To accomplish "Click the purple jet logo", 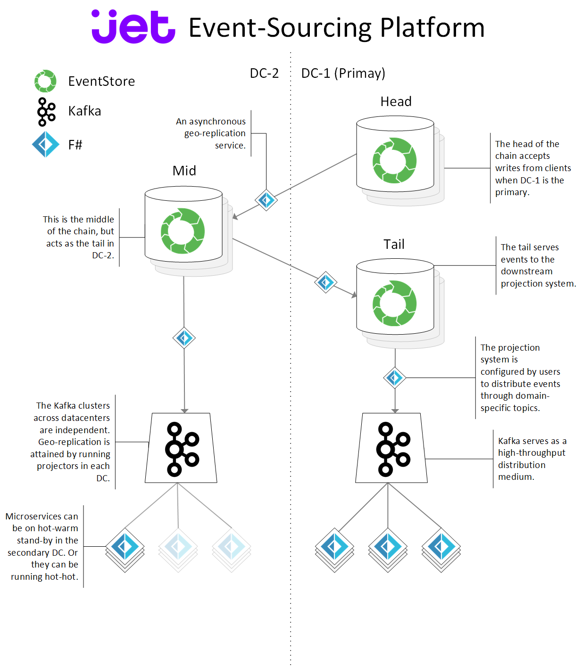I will click(133, 27).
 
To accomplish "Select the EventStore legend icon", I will click(45, 81).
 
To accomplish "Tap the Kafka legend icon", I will click(46, 112).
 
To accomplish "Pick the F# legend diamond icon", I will click(46, 144).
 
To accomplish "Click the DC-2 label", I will click(264, 74).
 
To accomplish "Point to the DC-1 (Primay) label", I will click(343, 74).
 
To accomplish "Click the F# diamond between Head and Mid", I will click(266, 200).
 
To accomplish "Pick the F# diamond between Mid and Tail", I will click(325, 282).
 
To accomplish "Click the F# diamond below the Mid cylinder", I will click(184, 338).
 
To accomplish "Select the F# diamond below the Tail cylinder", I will click(395, 378).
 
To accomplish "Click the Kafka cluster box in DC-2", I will click(181, 448).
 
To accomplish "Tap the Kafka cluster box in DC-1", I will click(391, 448).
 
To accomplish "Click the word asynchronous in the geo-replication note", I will click(217, 122).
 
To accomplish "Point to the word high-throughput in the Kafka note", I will click(532, 453).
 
